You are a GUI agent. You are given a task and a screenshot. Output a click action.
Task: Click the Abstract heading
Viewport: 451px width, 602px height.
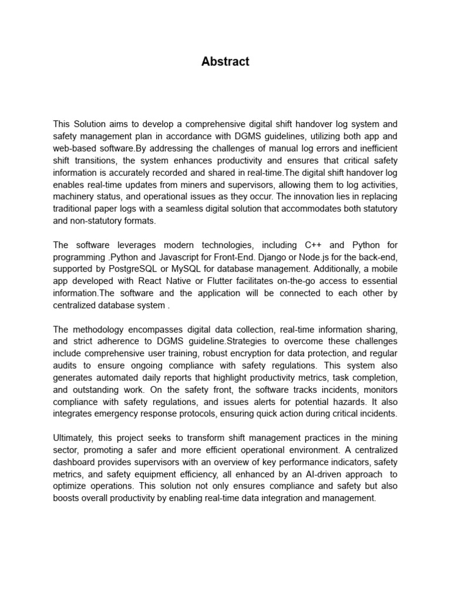225,62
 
